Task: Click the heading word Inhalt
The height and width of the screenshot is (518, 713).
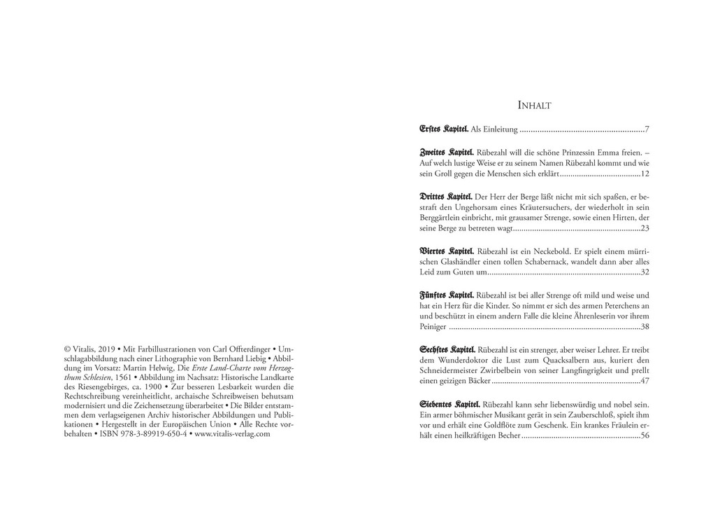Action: (x=534, y=105)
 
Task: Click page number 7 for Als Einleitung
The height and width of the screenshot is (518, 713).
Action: (x=647, y=129)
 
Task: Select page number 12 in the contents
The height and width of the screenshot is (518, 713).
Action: (x=645, y=174)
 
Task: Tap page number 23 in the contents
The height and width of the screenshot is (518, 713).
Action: (x=645, y=228)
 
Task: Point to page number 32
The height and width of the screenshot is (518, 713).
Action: (x=645, y=272)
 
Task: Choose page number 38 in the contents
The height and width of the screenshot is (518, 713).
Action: (x=645, y=327)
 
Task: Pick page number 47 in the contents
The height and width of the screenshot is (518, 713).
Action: (x=645, y=381)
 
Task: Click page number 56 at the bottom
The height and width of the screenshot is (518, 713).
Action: (x=645, y=436)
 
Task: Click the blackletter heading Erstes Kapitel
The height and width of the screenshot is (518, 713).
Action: (x=444, y=129)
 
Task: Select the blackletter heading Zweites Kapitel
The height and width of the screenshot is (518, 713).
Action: (x=447, y=151)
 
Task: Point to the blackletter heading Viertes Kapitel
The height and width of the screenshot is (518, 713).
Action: (x=447, y=250)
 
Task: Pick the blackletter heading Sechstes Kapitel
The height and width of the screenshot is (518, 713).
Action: (x=448, y=349)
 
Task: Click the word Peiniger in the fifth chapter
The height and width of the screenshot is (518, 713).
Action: (x=433, y=327)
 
